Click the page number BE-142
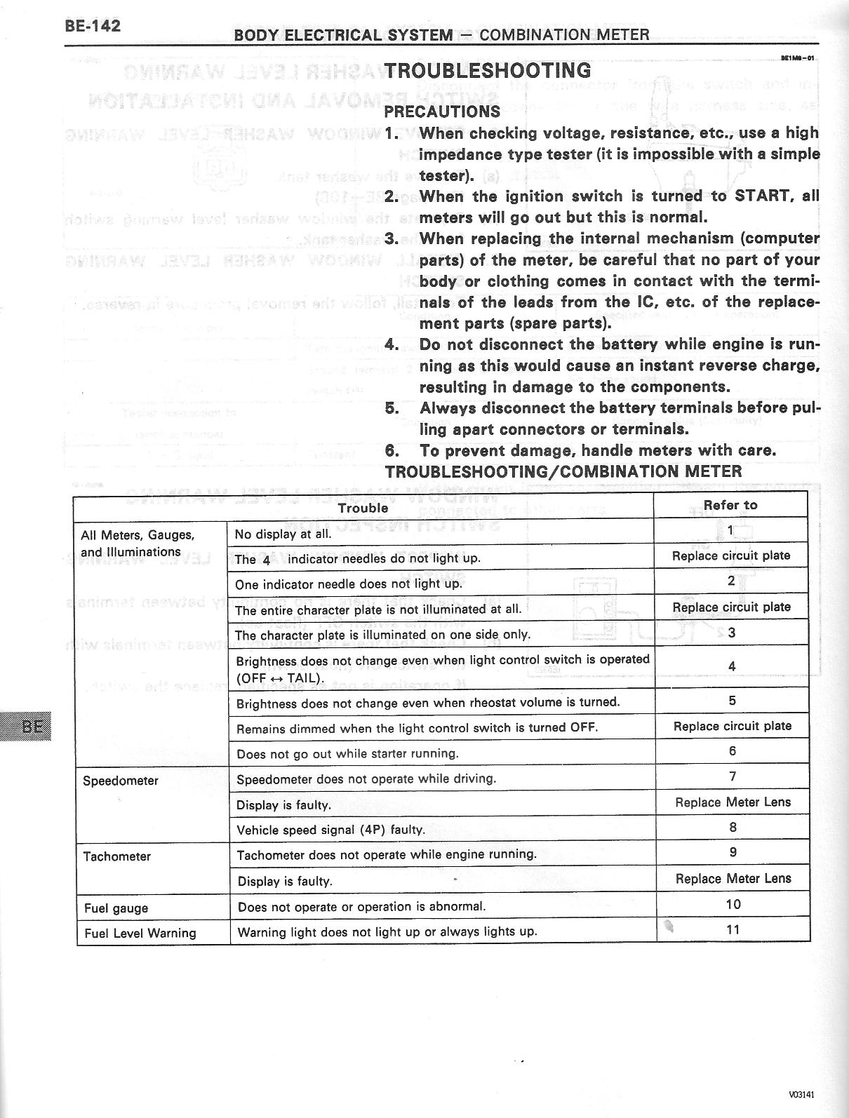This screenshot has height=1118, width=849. [93, 26]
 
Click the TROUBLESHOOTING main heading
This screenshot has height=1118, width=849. [488, 70]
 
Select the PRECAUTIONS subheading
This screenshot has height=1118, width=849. [442, 111]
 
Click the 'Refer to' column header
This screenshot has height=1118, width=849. [730, 505]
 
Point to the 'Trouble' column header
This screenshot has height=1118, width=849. [363, 508]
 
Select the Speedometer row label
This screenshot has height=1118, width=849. [121, 781]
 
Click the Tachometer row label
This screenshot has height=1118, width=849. [116, 856]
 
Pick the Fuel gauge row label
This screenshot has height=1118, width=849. [116, 908]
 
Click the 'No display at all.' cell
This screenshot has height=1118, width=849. [283, 534]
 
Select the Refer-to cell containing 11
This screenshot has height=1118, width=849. [733, 930]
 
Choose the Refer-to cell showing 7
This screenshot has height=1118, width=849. [732, 776]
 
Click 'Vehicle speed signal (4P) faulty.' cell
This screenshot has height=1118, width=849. [330, 830]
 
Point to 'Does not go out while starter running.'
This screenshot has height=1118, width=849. [347, 754]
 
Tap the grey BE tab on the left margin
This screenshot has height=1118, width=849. [27, 725]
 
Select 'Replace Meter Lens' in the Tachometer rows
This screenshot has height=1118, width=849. [733, 878]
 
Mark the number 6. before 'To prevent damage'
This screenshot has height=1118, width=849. [392, 450]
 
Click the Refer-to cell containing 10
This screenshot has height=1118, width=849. [733, 904]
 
